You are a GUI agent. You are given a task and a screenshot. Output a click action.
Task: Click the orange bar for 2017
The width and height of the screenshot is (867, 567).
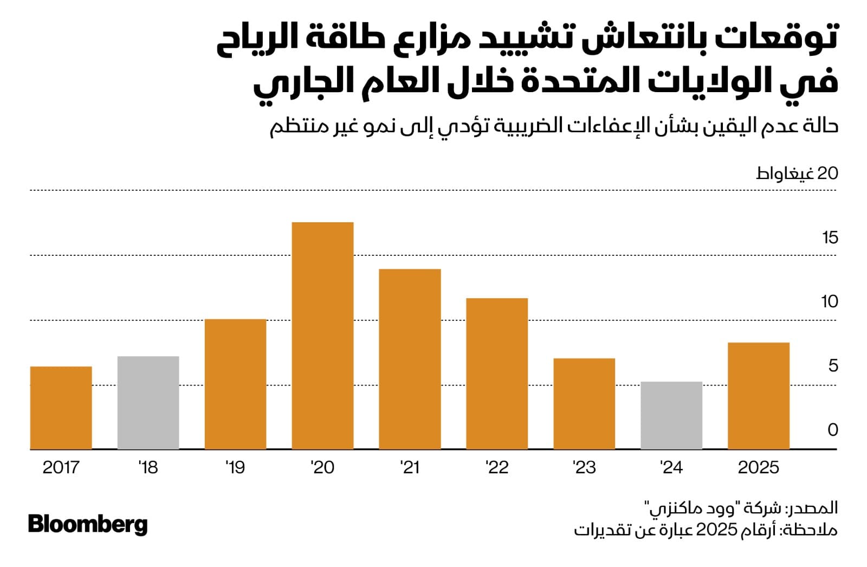61,408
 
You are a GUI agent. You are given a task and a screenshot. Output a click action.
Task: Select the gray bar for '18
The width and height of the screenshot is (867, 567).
148,402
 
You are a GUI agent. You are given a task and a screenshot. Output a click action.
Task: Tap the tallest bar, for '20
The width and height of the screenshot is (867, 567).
322,336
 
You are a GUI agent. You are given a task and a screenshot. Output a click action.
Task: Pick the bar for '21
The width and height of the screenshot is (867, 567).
410,359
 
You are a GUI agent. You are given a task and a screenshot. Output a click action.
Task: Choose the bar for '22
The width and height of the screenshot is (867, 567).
497,373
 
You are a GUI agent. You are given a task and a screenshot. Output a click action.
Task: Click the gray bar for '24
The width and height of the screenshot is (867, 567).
671,415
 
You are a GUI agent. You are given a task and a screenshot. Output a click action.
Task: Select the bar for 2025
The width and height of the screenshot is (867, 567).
759,396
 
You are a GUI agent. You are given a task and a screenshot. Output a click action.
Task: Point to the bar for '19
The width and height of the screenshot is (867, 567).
235,384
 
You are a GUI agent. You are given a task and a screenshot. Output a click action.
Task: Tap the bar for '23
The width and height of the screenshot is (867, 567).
584,403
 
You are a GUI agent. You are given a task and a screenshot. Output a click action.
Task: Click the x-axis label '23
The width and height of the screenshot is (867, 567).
584,467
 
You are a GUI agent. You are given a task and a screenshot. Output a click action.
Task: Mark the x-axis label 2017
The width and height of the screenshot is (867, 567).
61,467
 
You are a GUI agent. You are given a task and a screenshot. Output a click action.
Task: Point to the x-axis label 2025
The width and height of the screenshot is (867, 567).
759,467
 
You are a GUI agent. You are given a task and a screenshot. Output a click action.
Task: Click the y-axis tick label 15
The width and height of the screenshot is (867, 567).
830,237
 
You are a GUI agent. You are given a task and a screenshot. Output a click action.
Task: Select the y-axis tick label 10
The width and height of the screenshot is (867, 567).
829,301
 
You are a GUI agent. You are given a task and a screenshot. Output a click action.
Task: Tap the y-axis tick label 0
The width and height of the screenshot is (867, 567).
833,430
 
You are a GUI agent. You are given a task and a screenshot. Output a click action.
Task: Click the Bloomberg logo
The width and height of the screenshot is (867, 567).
88,525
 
